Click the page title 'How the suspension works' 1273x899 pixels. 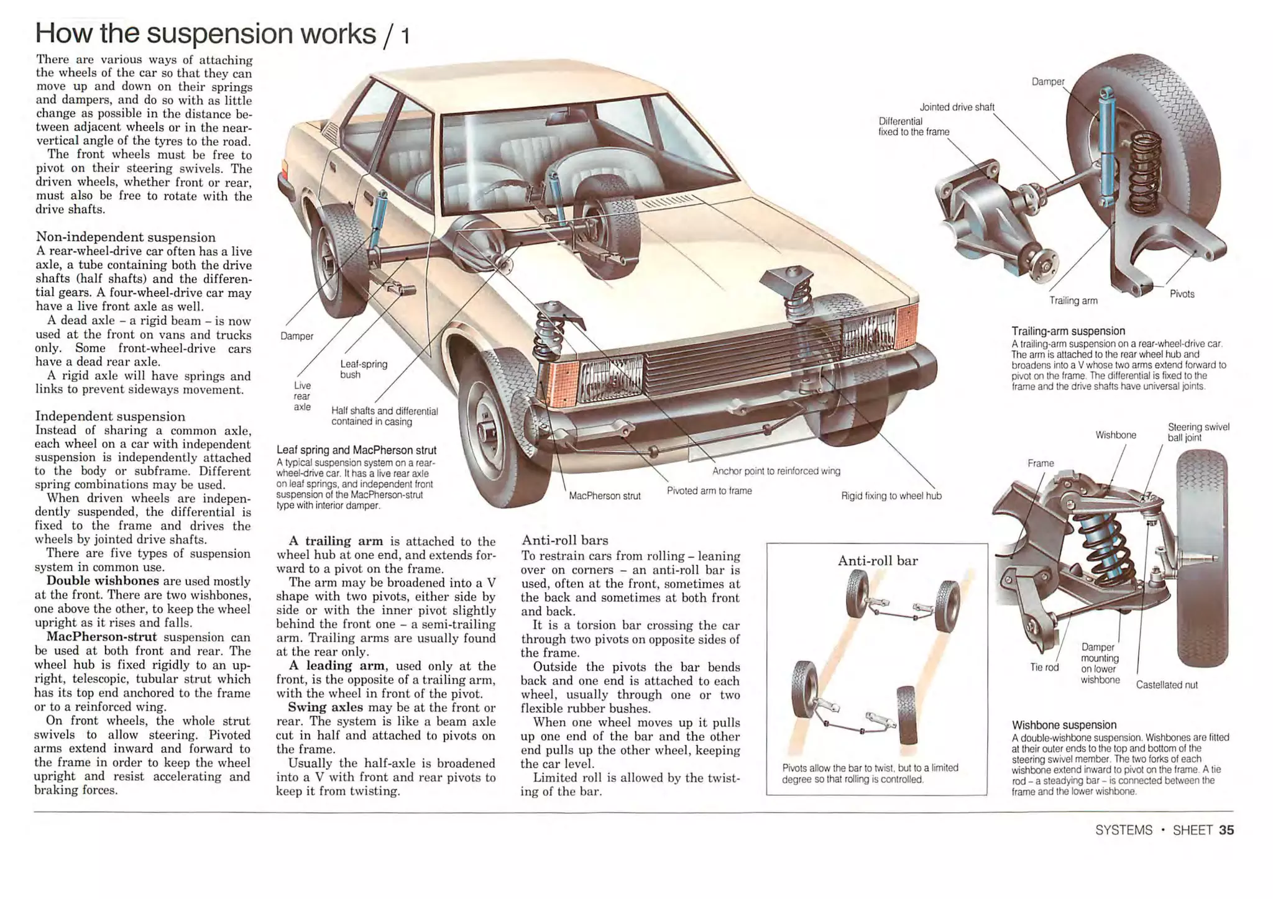[x=205, y=34]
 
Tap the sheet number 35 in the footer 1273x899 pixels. [x=1226, y=830]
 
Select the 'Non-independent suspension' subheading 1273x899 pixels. [x=126, y=237]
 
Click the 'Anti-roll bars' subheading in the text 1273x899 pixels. [x=564, y=540]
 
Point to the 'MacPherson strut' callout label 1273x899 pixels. [x=604, y=496]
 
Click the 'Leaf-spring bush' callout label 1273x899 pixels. [x=363, y=369]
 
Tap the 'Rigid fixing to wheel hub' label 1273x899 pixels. [x=891, y=496]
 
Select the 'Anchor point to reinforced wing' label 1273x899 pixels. [x=776, y=471]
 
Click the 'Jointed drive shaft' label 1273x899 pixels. [x=957, y=107]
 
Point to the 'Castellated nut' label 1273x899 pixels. [x=1166, y=685]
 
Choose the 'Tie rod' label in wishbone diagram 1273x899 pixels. [x=1044, y=667]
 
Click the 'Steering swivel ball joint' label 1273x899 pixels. [x=1198, y=432]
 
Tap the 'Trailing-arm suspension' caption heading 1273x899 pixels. [x=1068, y=331]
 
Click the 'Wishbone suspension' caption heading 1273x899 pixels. [x=1064, y=724]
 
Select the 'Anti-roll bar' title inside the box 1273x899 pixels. [x=877, y=560]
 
